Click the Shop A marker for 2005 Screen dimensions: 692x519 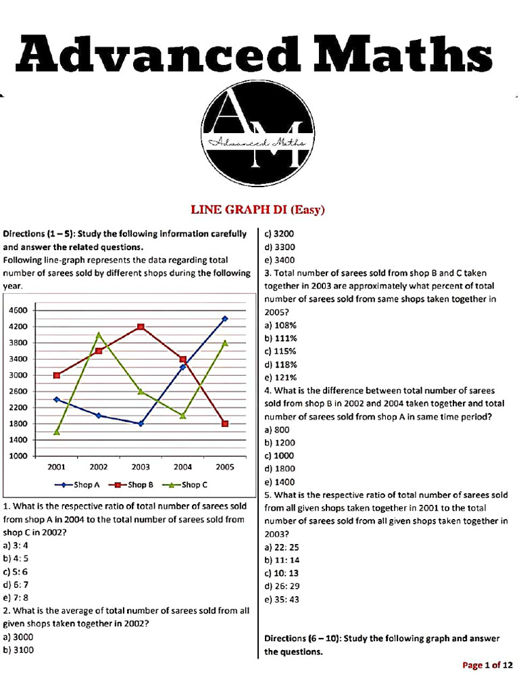225,318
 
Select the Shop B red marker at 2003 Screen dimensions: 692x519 141,327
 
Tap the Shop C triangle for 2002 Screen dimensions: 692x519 99,335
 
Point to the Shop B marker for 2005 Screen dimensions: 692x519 225,424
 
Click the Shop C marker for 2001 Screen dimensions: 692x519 57,431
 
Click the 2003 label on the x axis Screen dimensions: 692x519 141,467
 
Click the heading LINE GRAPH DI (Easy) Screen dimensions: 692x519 259,210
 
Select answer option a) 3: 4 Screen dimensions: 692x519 18,545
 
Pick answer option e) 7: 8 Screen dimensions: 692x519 18,597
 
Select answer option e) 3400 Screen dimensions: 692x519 280,259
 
